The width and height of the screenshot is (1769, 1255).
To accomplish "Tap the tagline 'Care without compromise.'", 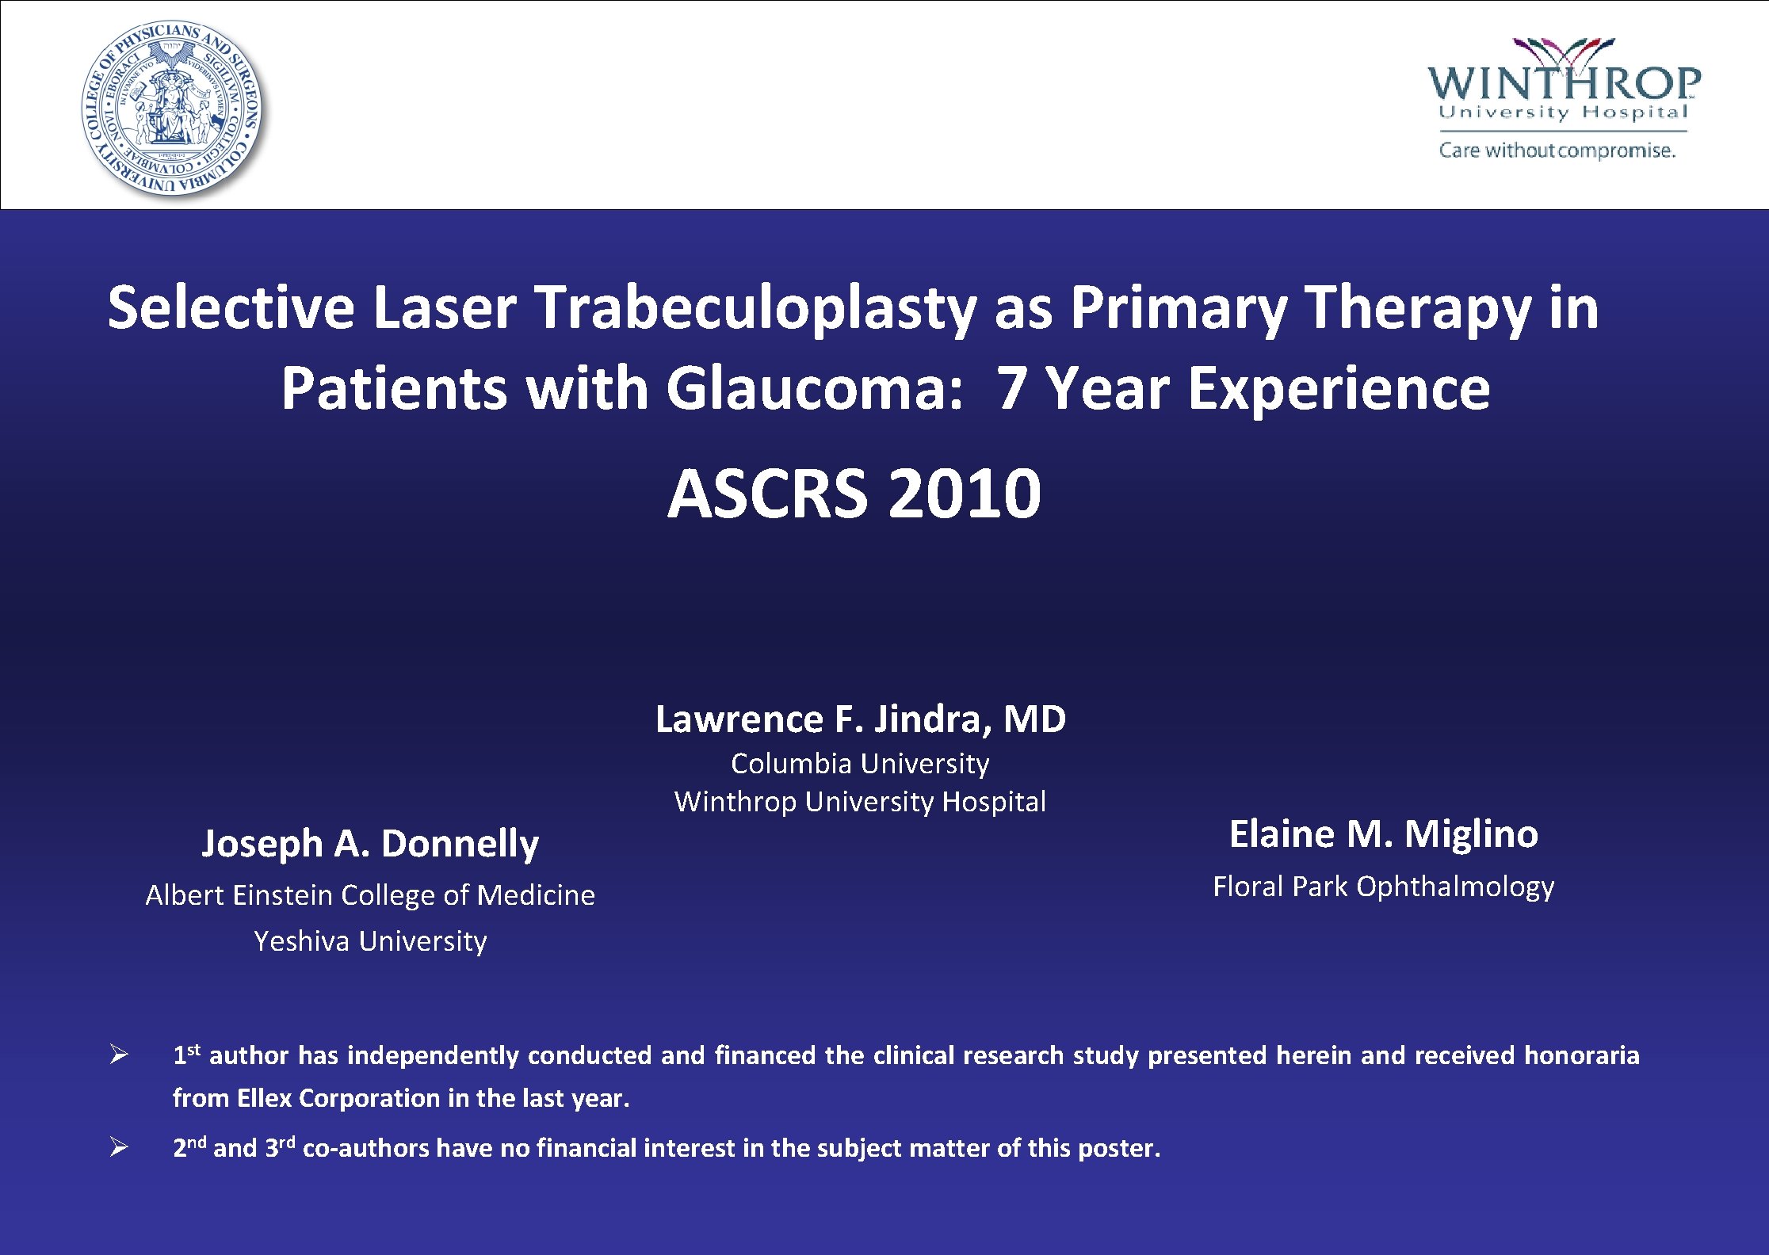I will point(1557,150).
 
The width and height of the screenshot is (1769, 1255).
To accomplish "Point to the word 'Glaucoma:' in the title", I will point(814,389).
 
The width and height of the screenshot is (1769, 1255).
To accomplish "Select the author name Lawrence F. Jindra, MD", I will point(860,719).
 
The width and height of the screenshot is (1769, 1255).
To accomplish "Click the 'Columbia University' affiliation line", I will point(860,764).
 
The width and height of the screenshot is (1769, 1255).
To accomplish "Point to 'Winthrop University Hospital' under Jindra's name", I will point(860,802).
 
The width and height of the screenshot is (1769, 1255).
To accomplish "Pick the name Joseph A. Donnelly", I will point(370,843).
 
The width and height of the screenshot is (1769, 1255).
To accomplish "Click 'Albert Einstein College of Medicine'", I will point(370,895).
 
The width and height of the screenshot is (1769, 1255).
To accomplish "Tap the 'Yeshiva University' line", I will point(370,941).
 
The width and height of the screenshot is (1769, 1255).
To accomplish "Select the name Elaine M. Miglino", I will point(1383,834).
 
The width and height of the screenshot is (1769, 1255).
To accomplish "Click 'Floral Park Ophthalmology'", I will point(1383,886).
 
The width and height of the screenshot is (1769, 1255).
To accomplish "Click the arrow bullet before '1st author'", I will point(119,1055).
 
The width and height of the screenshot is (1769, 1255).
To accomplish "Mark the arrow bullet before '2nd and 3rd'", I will point(119,1147).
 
